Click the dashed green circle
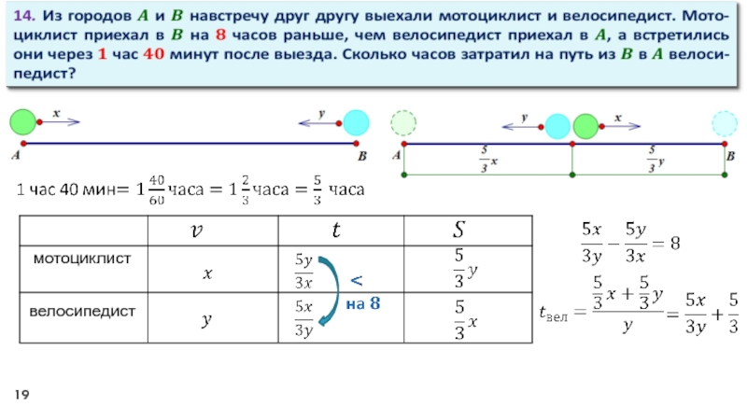(x=403, y=123)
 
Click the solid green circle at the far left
(x=22, y=121)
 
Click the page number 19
(x=20, y=398)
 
